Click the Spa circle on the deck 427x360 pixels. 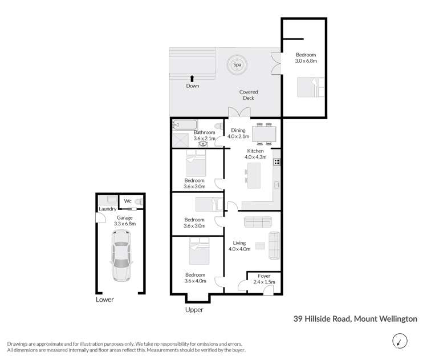tap(237, 65)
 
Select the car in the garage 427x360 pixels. tap(122, 261)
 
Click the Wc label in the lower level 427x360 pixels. tap(128, 201)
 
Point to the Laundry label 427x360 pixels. tap(107, 209)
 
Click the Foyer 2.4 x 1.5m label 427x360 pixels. tap(264, 279)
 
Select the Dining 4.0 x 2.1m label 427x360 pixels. tap(239, 134)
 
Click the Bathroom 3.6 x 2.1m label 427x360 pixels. tap(204, 135)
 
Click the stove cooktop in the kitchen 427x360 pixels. tap(277, 161)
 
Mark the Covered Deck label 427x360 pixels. tap(249, 95)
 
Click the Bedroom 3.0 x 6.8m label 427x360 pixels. tap(306, 58)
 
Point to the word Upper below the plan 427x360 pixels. tap(194, 310)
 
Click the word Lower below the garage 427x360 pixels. tap(105, 300)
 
